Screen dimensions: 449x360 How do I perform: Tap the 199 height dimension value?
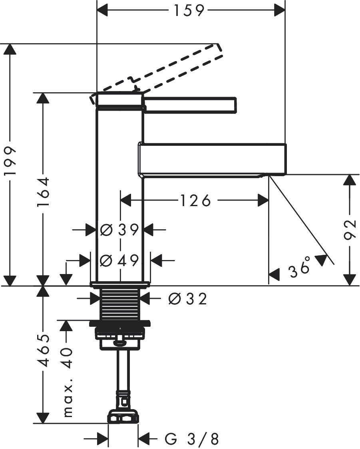[10, 161]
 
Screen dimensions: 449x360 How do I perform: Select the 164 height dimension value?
[43, 191]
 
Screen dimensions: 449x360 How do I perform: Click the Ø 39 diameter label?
[119, 230]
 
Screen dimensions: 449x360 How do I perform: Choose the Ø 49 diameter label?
[119, 260]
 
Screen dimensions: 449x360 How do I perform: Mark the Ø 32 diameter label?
[187, 298]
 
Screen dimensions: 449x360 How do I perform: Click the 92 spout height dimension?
[350, 230]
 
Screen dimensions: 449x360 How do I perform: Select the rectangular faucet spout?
[212, 159]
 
